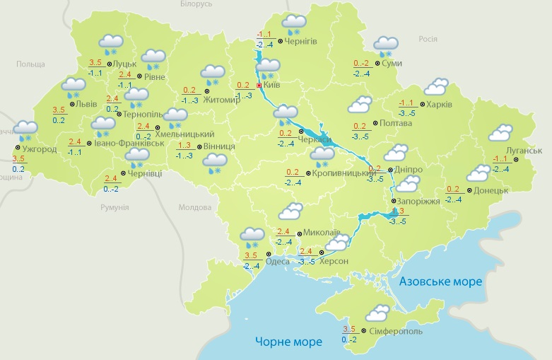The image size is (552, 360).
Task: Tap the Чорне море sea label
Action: [288, 342]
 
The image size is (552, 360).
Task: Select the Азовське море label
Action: [441, 281]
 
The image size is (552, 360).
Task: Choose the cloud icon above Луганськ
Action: [500, 132]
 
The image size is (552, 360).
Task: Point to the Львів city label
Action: [86, 103]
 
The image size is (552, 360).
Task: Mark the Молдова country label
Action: [195, 208]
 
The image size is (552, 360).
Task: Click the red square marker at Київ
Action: [259, 85]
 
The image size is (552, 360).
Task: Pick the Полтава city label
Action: [395, 123]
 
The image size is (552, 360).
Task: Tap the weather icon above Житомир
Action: [213, 72]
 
